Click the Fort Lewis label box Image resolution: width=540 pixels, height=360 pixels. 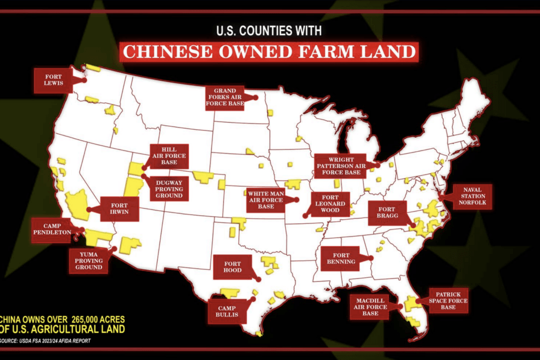point(53,80)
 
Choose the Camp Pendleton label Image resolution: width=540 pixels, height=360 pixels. point(51,229)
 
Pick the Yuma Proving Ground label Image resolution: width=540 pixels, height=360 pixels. point(89,261)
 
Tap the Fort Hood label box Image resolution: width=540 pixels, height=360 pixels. point(233,267)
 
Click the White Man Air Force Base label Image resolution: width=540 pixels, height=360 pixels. point(266,198)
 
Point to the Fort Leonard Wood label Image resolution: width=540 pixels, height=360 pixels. point(330,203)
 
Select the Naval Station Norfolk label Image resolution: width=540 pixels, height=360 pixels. point(472,197)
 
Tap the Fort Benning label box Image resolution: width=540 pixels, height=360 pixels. point(341,258)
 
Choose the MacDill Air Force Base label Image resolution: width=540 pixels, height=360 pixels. point(370,306)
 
